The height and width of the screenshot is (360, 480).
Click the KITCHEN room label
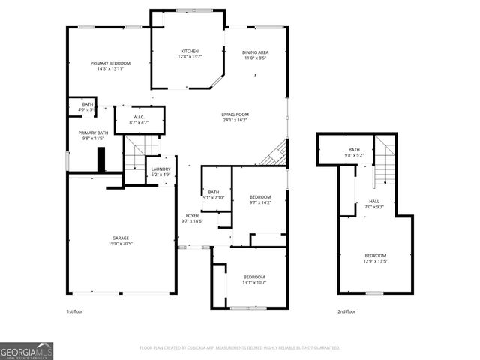188,51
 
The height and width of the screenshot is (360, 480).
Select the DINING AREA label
255,52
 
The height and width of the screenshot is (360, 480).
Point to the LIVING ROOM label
235,114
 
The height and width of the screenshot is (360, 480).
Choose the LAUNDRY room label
160,169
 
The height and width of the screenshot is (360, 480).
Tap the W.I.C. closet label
139,117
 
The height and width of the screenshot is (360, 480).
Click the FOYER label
193,216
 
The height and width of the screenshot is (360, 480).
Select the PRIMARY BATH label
94,133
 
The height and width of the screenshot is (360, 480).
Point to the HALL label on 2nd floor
373,201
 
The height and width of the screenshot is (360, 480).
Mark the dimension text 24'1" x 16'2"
235,120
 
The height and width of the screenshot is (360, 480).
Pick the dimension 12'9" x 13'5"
375,261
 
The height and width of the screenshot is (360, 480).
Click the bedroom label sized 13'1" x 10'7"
253,277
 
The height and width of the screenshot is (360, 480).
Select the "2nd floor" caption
346,311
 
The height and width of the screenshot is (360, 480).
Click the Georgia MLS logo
26,351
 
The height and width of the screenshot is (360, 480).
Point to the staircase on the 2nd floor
385,161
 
